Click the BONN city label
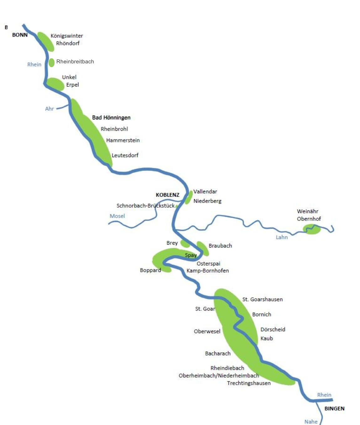20,35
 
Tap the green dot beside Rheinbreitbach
51,62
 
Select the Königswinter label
67,36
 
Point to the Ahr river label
50,109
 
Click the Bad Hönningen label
111,118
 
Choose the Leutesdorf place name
125,155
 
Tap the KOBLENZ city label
168,195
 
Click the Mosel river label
117,216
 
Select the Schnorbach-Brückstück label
145,206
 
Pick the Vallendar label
205,191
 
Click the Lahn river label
282,237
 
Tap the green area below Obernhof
312,230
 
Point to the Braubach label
220,246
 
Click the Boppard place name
150,270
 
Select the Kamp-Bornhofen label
208,271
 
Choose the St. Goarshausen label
263,299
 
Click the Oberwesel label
207,331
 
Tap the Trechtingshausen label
249,383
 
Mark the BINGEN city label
334,408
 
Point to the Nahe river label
311,422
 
